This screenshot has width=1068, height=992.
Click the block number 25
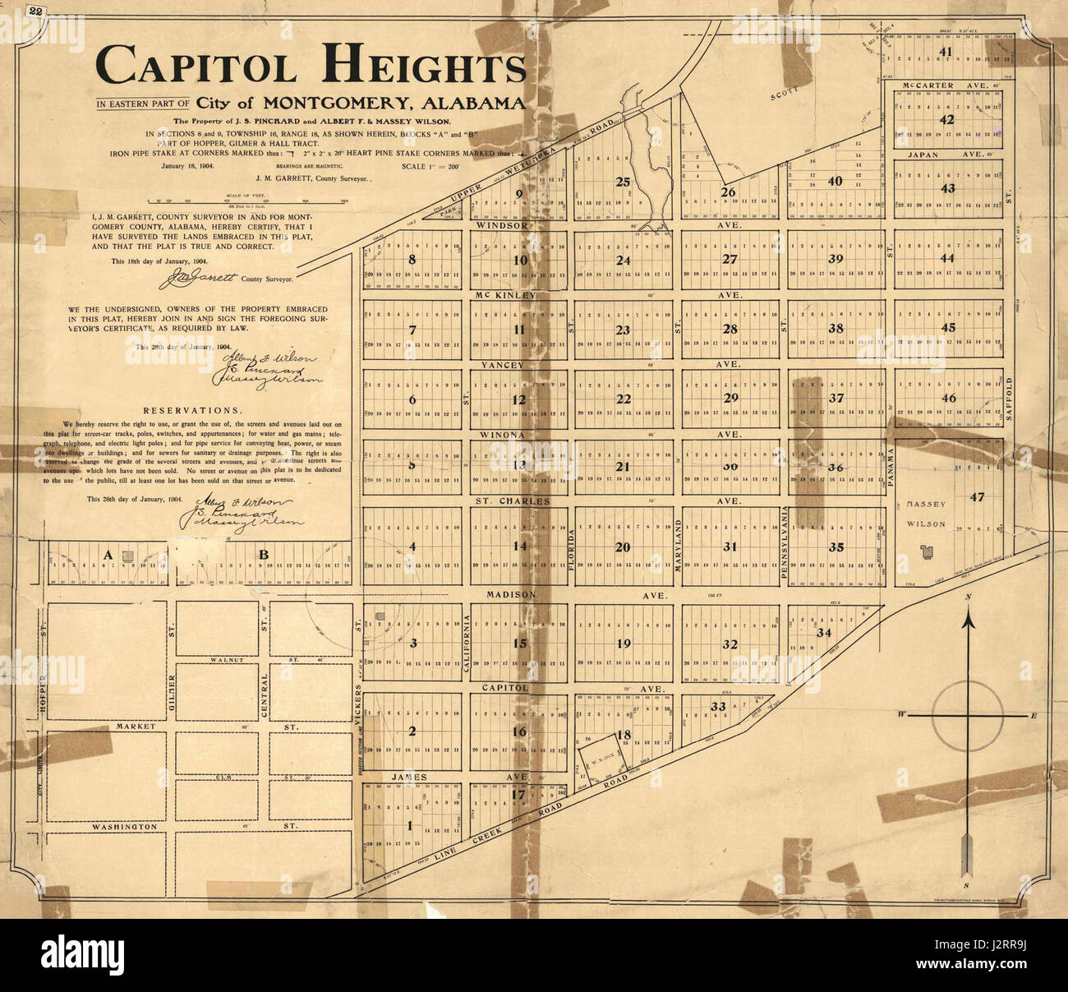(x=623, y=182)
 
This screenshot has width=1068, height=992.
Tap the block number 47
(x=977, y=496)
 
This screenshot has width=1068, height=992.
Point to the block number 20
(x=623, y=547)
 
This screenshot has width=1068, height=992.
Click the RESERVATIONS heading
(x=192, y=410)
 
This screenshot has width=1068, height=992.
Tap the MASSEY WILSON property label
(x=926, y=512)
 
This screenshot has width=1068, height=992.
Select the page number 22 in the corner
(x=35, y=12)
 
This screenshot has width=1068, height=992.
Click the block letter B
(x=264, y=555)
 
